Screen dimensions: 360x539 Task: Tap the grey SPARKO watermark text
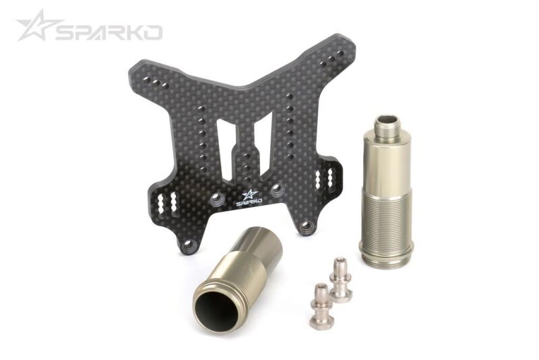point(108,32)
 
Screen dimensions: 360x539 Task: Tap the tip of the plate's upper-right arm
point(342,45)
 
